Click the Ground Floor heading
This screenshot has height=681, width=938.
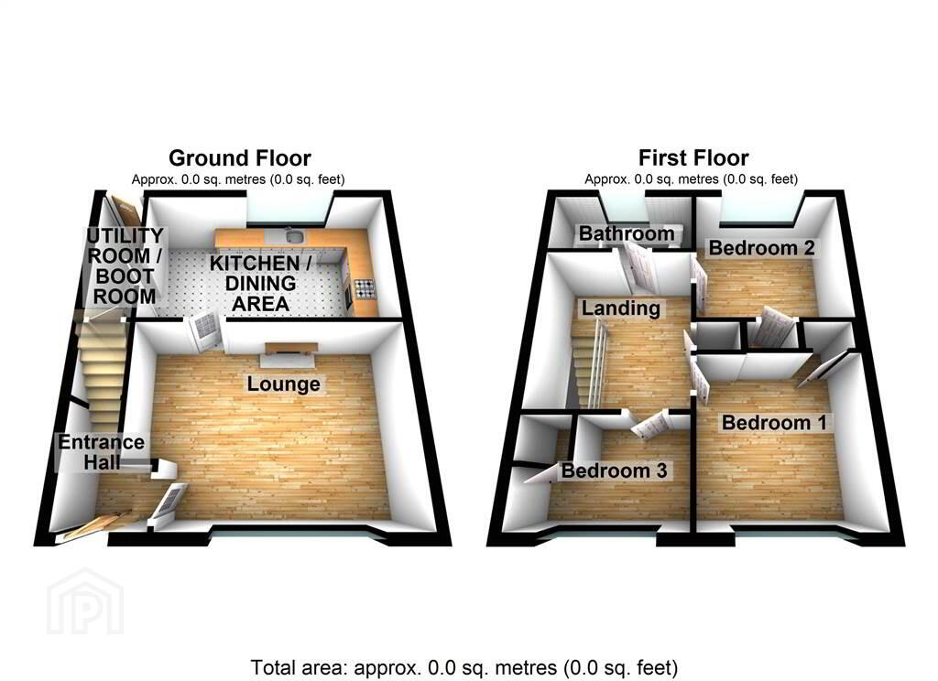tap(239, 157)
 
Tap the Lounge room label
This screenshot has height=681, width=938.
tap(284, 384)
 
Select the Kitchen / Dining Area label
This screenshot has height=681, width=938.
tap(260, 284)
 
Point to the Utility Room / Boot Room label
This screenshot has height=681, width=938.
tap(125, 266)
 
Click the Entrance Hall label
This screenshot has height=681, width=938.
tap(101, 452)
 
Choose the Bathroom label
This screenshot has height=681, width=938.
tap(627, 233)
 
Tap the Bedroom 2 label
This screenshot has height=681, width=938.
tap(761, 247)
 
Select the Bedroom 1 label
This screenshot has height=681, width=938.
tap(774, 422)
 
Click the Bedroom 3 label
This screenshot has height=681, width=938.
tap(614, 470)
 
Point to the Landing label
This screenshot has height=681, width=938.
tap(621, 308)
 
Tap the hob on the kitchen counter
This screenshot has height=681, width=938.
tap(365, 288)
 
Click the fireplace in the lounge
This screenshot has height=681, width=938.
tap(290, 355)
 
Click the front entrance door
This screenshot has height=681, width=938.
tap(95, 526)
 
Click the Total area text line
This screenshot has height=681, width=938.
tap(464, 667)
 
